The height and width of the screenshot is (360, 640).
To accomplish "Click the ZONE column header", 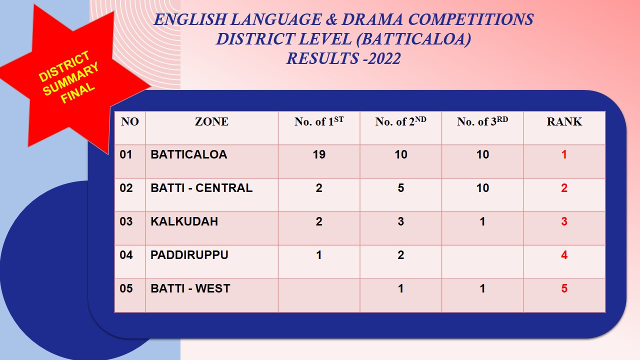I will pos(211,121).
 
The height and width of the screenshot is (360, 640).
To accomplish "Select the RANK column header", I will pos(564,121).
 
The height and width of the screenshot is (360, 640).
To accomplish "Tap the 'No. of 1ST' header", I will pos(318,121).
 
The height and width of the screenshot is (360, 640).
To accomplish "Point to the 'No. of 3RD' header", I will pos(482,121).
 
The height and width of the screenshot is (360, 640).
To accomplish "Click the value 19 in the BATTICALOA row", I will pos(319,154).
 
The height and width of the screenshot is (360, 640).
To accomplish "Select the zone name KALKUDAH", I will pos(184,221).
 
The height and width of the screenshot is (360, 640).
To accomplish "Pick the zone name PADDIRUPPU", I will pos(189,255).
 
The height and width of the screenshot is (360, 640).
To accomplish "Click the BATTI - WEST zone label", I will pos(190,288).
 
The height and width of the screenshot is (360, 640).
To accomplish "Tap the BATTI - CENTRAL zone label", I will pos(201,188).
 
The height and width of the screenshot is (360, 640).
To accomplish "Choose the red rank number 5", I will pos(564,288).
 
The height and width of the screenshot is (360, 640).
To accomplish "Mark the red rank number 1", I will pos(564,154).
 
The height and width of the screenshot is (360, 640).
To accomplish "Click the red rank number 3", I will pos(564,221).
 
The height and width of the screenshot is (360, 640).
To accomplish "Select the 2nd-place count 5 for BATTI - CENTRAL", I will pos(400,188).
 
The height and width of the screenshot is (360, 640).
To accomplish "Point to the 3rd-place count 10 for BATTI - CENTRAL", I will pos(482,188).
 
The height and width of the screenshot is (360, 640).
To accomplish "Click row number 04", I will pos(126,255).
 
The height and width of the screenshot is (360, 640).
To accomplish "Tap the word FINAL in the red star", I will pos(77,93).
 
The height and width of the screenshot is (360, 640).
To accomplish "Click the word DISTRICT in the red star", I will pos(64,66).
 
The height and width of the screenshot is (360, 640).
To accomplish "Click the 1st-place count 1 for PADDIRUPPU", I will pos(319,255).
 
